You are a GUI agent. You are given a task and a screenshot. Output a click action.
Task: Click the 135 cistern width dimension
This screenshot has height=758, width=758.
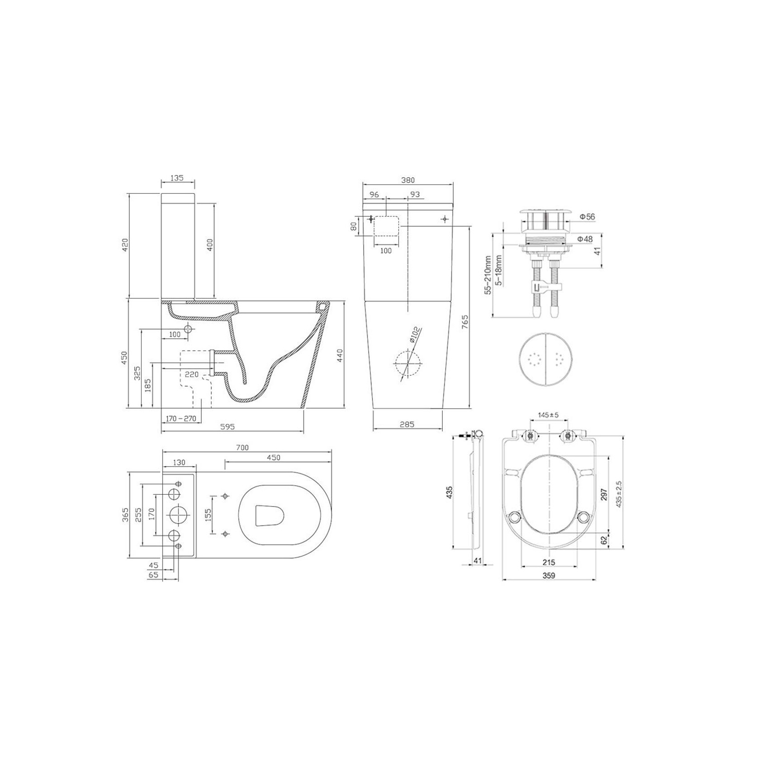pyautogui.click(x=178, y=178)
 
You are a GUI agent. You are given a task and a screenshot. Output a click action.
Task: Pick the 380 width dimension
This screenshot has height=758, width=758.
pyautogui.click(x=407, y=180)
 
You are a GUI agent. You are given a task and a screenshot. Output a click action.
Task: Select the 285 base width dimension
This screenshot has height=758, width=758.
pyautogui.click(x=407, y=424)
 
